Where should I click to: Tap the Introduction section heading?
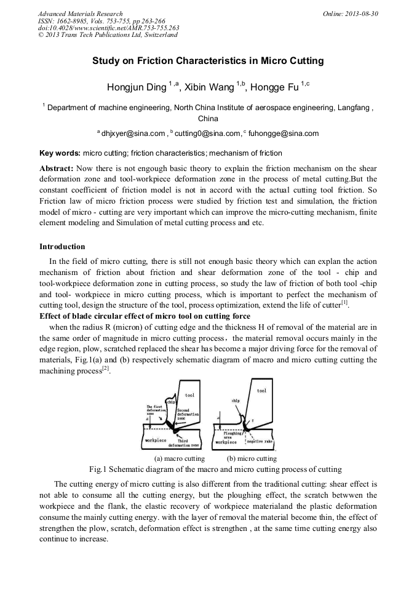(x=62, y=247)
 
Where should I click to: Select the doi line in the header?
(x=108, y=28)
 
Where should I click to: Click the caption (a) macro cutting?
(x=178, y=458)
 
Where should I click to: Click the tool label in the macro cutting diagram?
(x=189, y=396)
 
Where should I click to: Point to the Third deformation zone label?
(x=188, y=442)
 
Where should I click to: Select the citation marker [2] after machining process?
(x=105, y=368)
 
